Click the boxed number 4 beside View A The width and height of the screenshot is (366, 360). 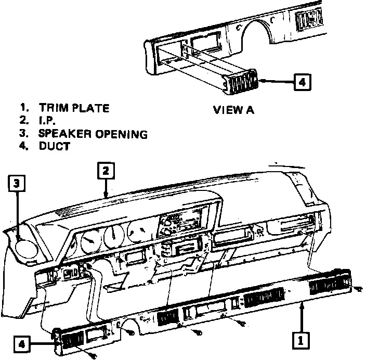click(302, 81)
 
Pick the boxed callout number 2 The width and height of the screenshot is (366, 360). click(105, 171)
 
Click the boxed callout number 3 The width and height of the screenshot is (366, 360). click(17, 183)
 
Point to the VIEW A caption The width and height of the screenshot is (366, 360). click(234, 110)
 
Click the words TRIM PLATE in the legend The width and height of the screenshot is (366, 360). click(74, 108)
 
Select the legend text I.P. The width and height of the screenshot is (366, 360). click(47, 121)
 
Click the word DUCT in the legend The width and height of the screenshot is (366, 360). click(54, 146)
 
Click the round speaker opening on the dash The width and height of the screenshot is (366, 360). click(23, 245)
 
